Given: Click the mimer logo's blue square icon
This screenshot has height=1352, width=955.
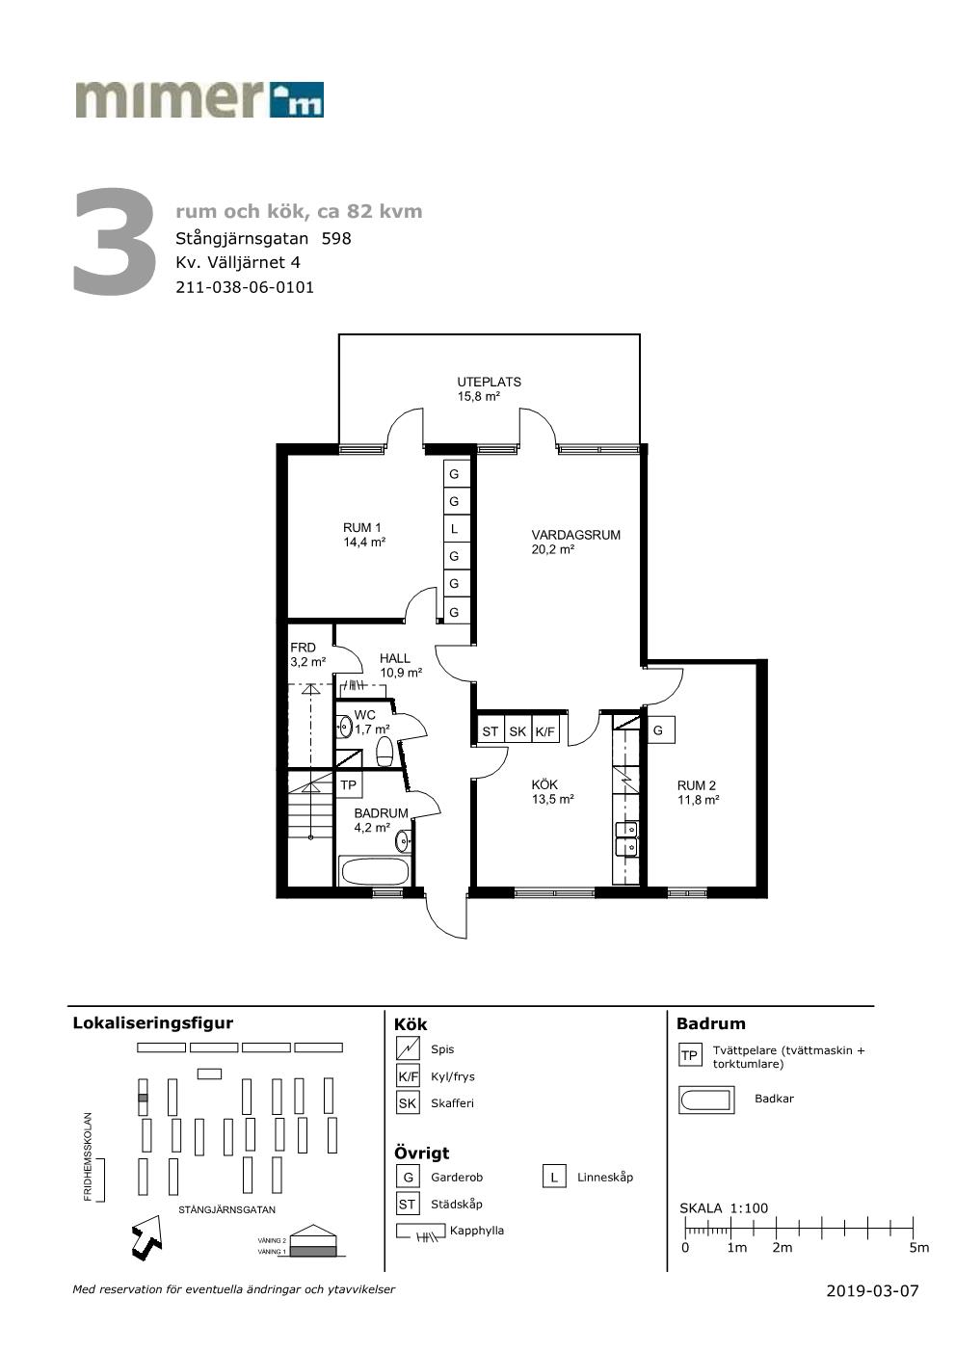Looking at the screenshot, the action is tap(297, 99).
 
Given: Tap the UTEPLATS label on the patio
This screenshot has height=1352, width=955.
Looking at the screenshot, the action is tap(489, 382).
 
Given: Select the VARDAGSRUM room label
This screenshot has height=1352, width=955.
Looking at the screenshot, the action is tap(576, 535).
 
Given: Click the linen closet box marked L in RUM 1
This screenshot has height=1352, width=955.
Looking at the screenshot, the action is tap(454, 529).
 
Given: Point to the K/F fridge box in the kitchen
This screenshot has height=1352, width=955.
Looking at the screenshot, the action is tap(545, 731).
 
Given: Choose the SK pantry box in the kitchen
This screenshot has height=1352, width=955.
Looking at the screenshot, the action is tap(517, 731).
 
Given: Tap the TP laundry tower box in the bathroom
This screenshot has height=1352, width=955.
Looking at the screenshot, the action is tap(348, 784).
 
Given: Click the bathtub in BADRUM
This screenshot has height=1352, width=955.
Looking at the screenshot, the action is tap(375, 872).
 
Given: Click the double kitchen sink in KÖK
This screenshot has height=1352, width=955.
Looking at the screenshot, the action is tap(626, 839).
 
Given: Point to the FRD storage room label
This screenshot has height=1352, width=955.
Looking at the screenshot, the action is tap(303, 648).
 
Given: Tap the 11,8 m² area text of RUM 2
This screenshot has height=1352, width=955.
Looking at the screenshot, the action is tap(699, 800).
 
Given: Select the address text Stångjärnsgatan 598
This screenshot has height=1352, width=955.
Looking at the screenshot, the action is tap(263, 239).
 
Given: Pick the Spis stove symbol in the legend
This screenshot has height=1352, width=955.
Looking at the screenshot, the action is tap(408, 1048).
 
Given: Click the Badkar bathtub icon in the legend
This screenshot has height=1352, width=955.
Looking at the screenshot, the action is tap(707, 1100).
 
